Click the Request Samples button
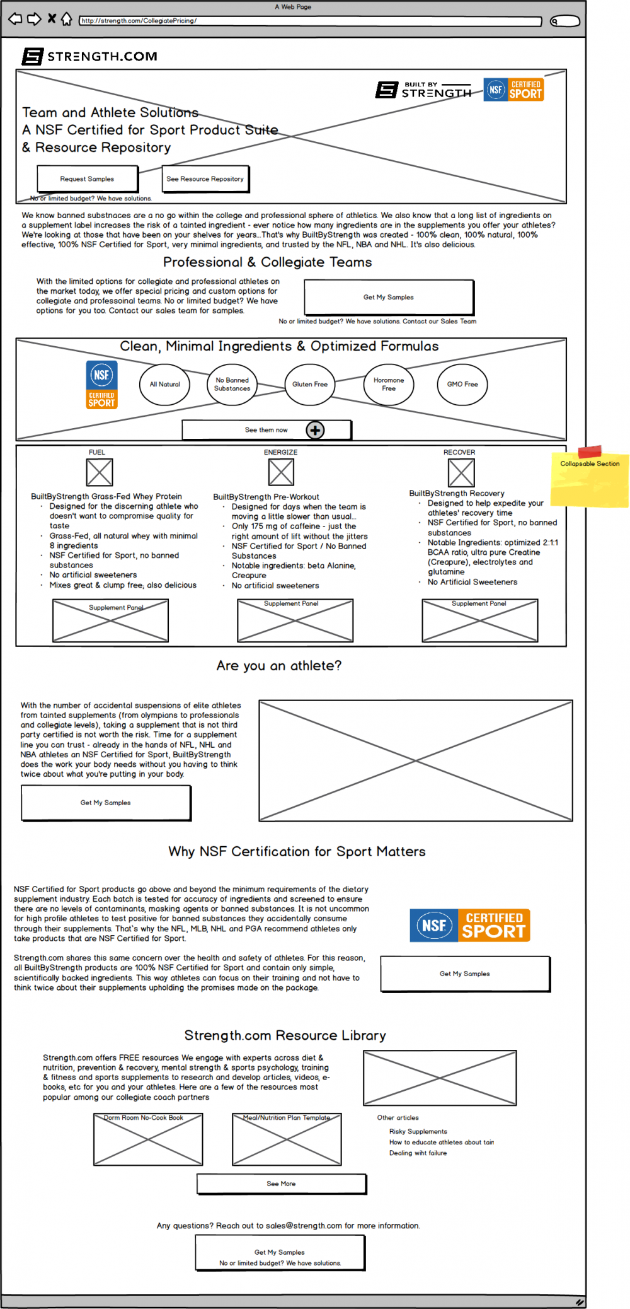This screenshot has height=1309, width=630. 88,179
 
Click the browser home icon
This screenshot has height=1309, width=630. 66,19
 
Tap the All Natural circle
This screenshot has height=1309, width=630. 164,384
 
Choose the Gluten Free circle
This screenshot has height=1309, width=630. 310,384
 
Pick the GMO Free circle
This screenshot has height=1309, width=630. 462,384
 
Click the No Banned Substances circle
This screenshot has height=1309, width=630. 232,384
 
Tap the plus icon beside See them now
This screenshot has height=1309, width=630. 315,430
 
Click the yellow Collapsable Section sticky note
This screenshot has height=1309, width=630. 590,477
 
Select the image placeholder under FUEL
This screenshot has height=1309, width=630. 100,472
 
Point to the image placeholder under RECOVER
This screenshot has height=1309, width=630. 461,472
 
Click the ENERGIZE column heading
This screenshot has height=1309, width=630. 280,452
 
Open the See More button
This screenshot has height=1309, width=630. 281,1184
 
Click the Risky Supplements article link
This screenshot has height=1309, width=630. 418,1131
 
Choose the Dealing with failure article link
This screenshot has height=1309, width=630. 418,1153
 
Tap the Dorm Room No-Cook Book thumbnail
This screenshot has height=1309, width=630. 148,1139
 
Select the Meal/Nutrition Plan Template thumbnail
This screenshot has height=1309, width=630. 287,1139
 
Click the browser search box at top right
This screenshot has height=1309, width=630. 565,21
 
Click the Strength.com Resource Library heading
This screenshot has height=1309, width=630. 285,1035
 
